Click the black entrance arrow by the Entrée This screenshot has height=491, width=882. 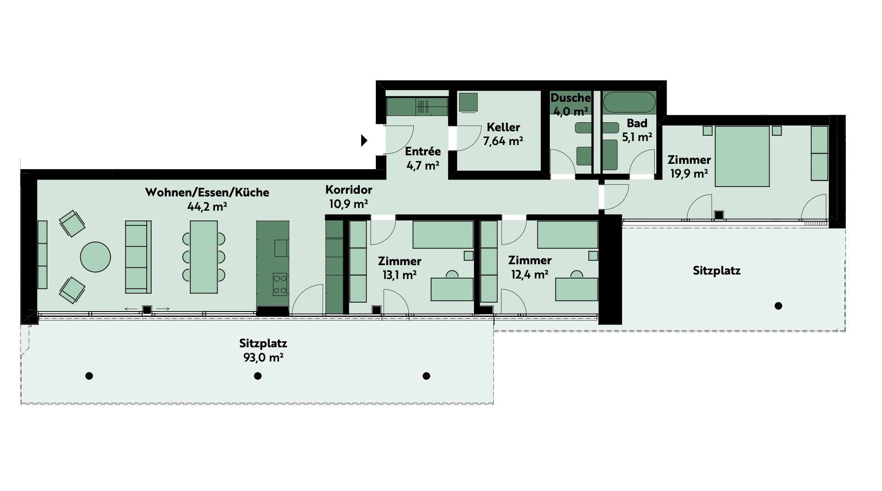point(364,141)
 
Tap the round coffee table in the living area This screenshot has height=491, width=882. point(95,257)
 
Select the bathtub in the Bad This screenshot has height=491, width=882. point(629,102)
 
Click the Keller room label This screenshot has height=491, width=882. point(503,127)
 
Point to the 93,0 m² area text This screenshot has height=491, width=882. point(264,358)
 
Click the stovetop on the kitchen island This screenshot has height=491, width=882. point(280,284)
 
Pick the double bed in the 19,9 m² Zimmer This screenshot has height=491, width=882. point(742,156)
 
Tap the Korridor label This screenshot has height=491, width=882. point(349,190)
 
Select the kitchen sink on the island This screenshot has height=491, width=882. point(280,248)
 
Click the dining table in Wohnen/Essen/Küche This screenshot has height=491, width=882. point(204,257)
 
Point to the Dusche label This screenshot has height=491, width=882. point(571,98)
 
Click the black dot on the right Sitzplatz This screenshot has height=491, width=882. point(779,306)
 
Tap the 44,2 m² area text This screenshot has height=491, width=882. point(207,206)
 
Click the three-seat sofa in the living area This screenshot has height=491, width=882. point(138,257)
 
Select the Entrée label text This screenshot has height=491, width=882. point(423,151)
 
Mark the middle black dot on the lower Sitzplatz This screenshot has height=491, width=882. point(258,376)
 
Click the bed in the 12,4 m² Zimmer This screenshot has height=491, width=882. point(567,234)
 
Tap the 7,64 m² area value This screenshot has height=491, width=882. point(503,141)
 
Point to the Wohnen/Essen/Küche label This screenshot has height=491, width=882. point(207,192)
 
